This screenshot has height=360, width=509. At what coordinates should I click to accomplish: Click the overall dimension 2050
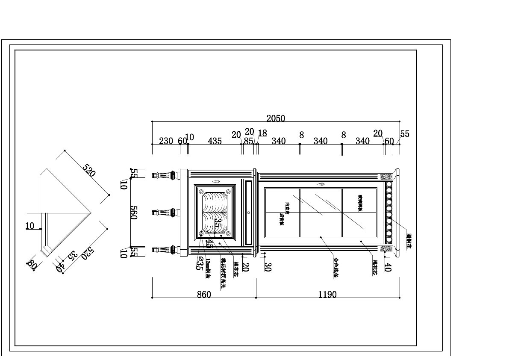pyautogui.click(x=276, y=118)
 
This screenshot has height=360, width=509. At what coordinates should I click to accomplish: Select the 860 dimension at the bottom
pyautogui.click(x=204, y=295)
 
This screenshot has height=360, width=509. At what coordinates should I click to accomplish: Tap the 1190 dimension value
pyautogui.click(x=327, y=295)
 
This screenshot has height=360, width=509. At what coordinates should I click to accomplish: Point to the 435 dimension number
pyautogui.click(x=215, y=141)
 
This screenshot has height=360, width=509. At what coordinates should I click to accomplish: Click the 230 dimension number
pyautogui.click(x=166, y=141)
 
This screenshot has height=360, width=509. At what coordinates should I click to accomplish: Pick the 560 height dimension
pyautogui.click(x=133, y=212)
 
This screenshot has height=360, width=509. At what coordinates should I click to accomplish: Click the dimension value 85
pyautogui.click(x=248, y=141)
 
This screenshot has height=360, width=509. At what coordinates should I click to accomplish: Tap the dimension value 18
pyautogui.click(x=262, y=133)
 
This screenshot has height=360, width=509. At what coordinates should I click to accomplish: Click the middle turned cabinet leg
pyautogui.click(x=165, y=212)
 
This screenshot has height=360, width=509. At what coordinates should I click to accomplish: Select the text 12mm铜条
pyautogui.click(x=208, y=269)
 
